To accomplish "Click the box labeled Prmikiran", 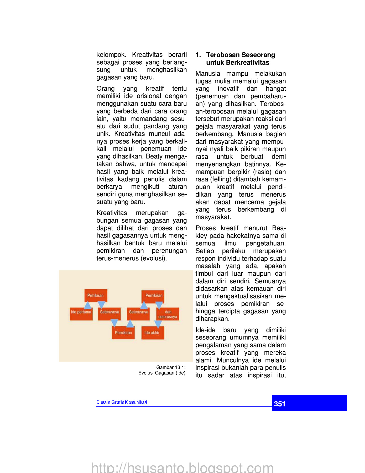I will point(96,296).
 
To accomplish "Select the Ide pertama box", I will point(81,314).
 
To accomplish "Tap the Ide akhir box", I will point(153,333).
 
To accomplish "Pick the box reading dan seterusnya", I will point(168,314).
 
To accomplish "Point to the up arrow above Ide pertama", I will point(88,305).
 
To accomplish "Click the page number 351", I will point(280,404).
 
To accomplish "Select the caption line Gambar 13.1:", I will point(171,367).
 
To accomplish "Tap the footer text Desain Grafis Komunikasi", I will point(122,402).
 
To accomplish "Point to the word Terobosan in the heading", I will point(223,55).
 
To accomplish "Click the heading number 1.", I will point(198,55).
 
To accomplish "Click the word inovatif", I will point(228,89).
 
